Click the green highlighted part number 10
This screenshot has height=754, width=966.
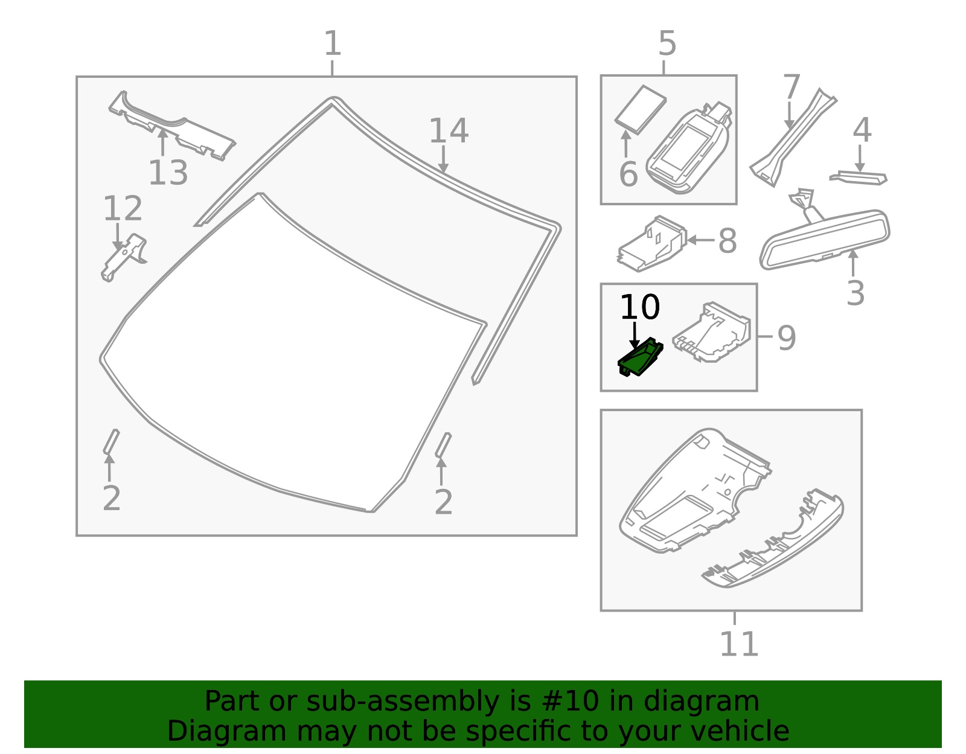point(640,358)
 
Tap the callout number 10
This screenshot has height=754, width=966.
point(640,307)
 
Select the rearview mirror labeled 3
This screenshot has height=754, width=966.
point(825,238)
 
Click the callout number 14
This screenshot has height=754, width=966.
point(448,131)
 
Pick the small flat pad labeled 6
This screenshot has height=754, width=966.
point(641,109)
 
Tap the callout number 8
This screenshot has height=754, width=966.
point(727,241)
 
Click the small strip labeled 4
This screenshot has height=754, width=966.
point(859,177)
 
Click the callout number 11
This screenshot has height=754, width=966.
point(738,644)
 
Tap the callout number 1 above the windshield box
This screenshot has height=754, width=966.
point(333,43)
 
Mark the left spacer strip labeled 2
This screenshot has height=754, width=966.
point(111,441)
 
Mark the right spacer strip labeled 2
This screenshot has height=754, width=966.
point(443,445)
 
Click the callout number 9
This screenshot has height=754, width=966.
point(786,337)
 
